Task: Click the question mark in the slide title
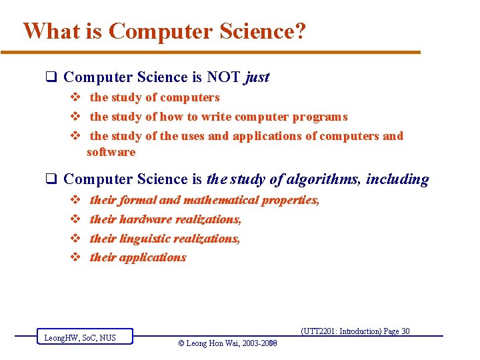(x=300, y=31)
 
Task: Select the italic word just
(x=257, y=77)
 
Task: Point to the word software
(x=111, y=152)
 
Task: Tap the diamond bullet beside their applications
(x=75, y=257)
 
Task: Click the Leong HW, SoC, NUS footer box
(x=84, y=338)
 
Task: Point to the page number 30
(x=405, y=331)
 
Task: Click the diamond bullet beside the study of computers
(x=75, y=97)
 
